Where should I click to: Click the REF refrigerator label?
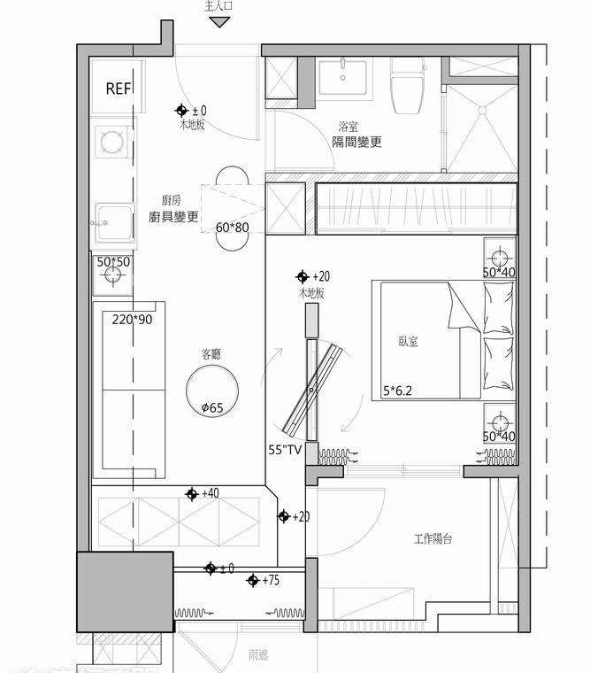pyautogui.click(x=118, y=89)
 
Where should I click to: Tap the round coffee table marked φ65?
pyautogui.click(x=212, y=390)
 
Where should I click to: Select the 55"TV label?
pyautogui.click(x=287, y=450)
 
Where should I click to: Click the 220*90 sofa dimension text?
pyautogui.click(x=132, y=319)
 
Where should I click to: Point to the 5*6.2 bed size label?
pyautogui.click(x=399, y=389)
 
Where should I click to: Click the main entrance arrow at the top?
pyautogui.click(x=219, y=22)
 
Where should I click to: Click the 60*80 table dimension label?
pyautogui.click(x=233, y=228)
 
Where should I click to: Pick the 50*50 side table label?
pyautogui.click(x=113, y=262)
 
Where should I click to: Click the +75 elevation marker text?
pyautogui.click(x=272, y=580)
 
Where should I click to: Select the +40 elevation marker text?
pyautogui.click(x=211, y=493)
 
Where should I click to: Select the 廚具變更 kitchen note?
pyautogui.click(x=173, y=217)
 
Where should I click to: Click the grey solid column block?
pyautogui.click(x=125, y=592)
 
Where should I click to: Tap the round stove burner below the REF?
pyautogui.click(x=112, y=142)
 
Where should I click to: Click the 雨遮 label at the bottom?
pyautogui.click(x=257, y=654)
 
